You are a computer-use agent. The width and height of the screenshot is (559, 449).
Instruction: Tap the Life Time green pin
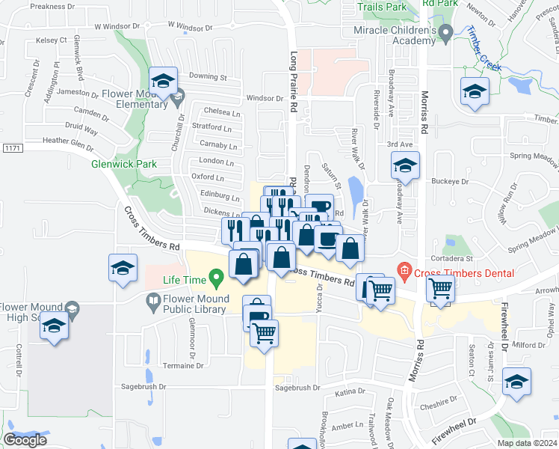pos(217,281)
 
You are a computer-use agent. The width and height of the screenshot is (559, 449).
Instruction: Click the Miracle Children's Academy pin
pos(446,32)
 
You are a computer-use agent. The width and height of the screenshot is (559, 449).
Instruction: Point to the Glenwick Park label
pos(113,164)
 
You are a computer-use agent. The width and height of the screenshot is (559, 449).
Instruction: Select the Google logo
pos(25,440)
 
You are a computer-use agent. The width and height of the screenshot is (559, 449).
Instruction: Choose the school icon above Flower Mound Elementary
pos(162,82)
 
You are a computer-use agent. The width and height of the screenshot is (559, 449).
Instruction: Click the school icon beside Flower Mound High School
pos(54,327)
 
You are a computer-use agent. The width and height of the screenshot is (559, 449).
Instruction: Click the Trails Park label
pos(382,7)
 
